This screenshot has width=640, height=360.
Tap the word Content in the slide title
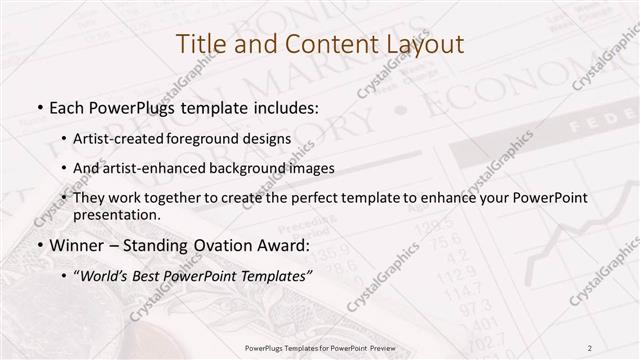pos(329,45)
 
